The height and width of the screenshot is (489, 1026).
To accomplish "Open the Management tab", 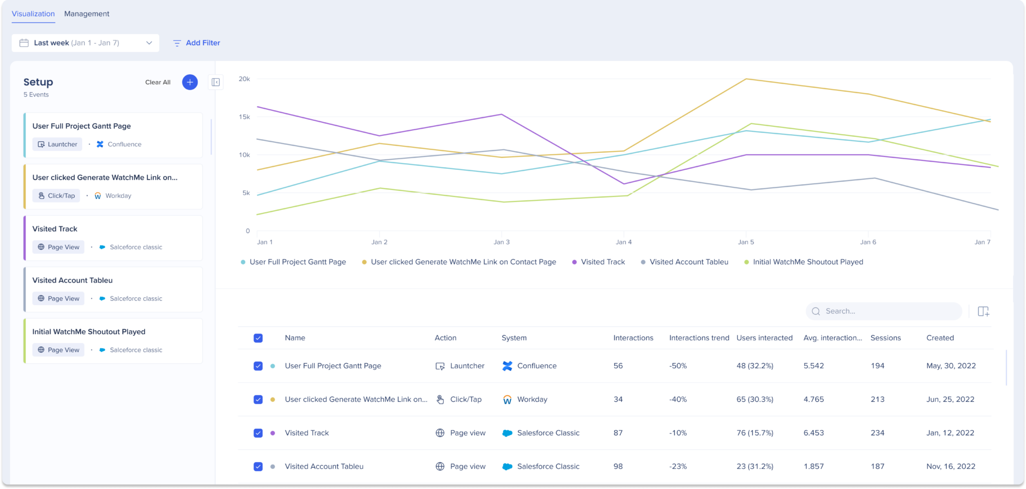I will pos(87,14).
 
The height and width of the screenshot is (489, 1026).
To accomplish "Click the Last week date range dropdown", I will pos(86,43).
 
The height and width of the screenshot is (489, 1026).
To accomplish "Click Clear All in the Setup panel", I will pos(158,82).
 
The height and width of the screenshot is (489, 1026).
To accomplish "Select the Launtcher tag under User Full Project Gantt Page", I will pos(57,144).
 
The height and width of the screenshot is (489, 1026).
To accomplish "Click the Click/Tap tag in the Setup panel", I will pos(56,196).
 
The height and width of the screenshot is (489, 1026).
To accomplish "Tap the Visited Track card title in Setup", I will pos(55,229).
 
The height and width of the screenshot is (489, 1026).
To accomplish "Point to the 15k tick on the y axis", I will pos(244,117).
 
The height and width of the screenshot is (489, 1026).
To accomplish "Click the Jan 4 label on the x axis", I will pos(623,242).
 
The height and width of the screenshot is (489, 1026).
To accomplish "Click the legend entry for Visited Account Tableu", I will pos(688,262).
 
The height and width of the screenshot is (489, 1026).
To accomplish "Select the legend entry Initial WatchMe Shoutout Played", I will pos(808,262).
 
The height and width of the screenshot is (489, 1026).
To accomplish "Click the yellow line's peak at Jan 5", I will pos(746,79).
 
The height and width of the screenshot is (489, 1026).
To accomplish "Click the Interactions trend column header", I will pos(699,338).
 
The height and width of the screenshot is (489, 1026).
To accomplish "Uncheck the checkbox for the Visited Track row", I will pos(258,433).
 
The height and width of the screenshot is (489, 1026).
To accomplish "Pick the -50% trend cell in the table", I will pos(678,366).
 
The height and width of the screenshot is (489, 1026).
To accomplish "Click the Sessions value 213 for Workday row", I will pos(877,400).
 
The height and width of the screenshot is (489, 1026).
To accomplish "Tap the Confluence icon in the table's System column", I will pos(507,366).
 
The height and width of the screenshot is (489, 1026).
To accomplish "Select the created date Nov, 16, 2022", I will pos(950,466).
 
